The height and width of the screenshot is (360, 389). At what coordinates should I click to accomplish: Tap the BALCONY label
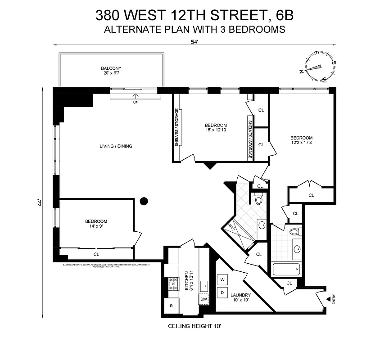tap(111, 69)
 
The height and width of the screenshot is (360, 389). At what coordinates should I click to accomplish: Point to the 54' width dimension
tap(194, 41)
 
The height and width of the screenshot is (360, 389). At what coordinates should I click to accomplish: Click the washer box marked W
tap(222, 280)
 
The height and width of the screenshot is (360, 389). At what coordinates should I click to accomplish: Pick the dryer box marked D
tap(222, 292)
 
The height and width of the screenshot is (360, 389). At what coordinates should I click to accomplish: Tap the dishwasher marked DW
tap(204, 299)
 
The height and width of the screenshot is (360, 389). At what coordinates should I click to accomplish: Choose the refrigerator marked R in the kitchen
tap(171, 306)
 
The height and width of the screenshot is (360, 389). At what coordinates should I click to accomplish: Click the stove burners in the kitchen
tap(173, 285)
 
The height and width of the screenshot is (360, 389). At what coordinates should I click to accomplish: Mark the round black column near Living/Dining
tap(144, 201)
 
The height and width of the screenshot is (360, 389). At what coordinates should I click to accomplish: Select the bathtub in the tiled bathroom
tap(286, 270)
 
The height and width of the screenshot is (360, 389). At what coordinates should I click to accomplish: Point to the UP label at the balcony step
tap(135, 103)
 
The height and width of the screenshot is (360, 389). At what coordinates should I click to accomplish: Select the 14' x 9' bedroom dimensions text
tap(96, 227)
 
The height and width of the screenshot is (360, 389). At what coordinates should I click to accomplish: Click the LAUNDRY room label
tap(240, 295)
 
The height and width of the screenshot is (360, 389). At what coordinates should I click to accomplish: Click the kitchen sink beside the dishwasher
tap(204, 285)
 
